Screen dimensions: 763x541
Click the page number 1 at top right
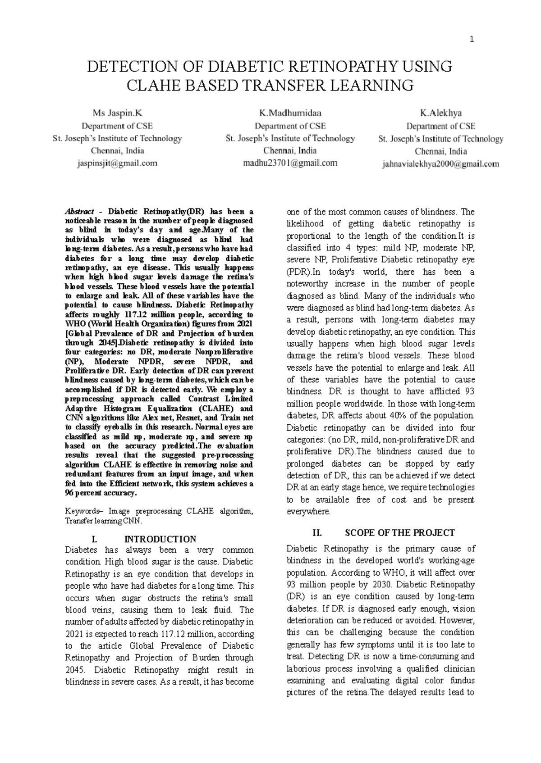pyautogui.click(x=472, y=40)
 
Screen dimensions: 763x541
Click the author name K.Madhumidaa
pyautogui.click(x=290, y=113)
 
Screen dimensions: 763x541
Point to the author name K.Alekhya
pyautogui.click(x=440, y=113)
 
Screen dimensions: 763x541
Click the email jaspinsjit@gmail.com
pyautogui.click(x=117, y=163)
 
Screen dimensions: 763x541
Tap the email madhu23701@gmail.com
pyautogui.click(x=290, y=163)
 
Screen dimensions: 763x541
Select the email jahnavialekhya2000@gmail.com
pyautogui.click(x=440, y=164)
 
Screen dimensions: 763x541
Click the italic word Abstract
pyautogui.click(x=80, y=212)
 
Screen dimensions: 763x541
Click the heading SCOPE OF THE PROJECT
pyautogui.click(x=399, y=533)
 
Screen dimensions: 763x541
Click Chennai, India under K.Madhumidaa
pyautogui.click(x=290, y=150)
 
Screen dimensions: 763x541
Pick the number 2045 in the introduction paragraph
pyautogui.click(x=74, y=670)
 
